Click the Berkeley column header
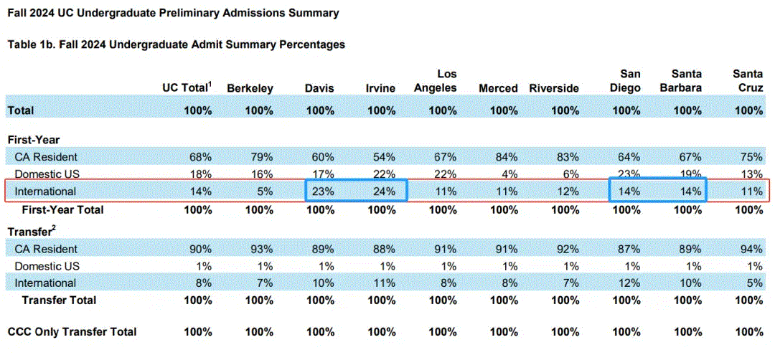pos(250,89)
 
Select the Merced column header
pos(498,89)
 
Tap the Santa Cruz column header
pos(748,82)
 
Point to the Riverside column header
pos(554,89)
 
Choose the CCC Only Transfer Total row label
pos(72,332)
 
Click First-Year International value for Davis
pos(321,191)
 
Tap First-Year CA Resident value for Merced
pos(504,158)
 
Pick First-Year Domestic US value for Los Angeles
pos(443,174)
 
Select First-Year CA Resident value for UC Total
pos(199,158)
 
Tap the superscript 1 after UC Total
pos(210,85)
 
